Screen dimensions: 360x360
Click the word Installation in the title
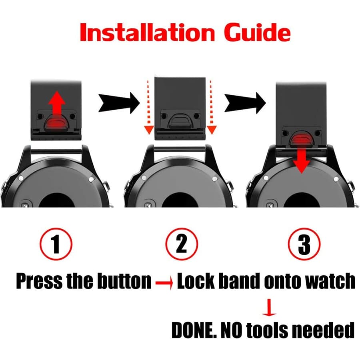[147, 32]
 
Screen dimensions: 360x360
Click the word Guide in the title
[257, 32]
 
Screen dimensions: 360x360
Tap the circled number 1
[56, 244]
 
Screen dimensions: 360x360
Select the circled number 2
[181, 244]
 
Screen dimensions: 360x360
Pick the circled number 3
[304, 244]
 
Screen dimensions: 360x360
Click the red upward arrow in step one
[57, 103]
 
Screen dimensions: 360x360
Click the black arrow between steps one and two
[119, 103]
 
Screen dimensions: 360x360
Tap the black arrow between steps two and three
[245, 103]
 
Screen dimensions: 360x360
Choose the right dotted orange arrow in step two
[211, 107]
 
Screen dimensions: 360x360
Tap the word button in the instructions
[124, 281]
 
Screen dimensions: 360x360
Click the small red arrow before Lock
[164, 282]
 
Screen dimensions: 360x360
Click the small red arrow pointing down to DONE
[269, 307]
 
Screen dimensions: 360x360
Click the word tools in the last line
[268, 330]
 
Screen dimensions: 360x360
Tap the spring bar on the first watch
[56, 151]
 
